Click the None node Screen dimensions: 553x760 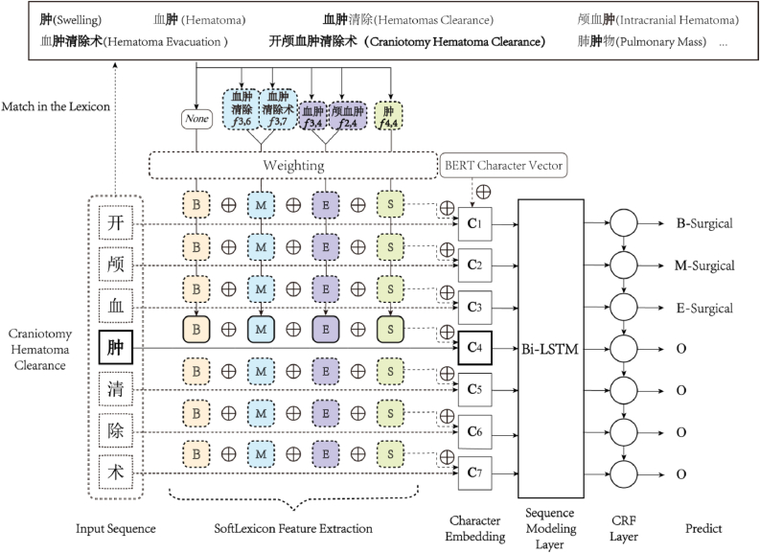(195, 121)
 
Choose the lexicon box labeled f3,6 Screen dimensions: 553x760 (240, 109)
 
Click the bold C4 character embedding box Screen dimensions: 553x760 (476, 347)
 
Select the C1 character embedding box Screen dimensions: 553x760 (476, 222)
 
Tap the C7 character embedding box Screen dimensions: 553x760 (476, 471)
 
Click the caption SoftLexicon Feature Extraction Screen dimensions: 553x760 (293, 528)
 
